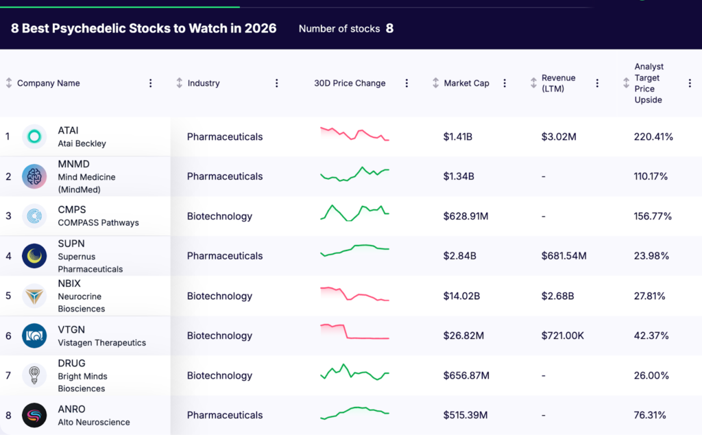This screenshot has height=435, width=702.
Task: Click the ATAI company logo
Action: [34, 137]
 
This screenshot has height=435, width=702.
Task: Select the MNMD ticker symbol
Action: [74, 164]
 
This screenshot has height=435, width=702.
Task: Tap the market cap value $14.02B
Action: [461, 296]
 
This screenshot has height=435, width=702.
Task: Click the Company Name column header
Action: [49, 83]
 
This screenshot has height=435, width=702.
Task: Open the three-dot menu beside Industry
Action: [277, 83]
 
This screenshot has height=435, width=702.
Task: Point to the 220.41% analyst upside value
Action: [653, 137]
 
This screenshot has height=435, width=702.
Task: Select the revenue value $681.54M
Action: [564, 256]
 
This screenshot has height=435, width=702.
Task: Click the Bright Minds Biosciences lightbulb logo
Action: [34, 375]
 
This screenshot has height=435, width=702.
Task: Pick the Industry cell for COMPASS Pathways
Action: [219, 216]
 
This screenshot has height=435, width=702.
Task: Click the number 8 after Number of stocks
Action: [389, 28]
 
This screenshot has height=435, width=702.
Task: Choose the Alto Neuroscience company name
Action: [94, 422]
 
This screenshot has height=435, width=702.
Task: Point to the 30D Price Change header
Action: [350, 83]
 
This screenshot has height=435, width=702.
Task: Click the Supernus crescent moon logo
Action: [34, 256]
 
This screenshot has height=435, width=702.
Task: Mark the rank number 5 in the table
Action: [8, 296]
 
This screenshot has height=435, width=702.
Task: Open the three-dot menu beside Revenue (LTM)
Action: [597, 83]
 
